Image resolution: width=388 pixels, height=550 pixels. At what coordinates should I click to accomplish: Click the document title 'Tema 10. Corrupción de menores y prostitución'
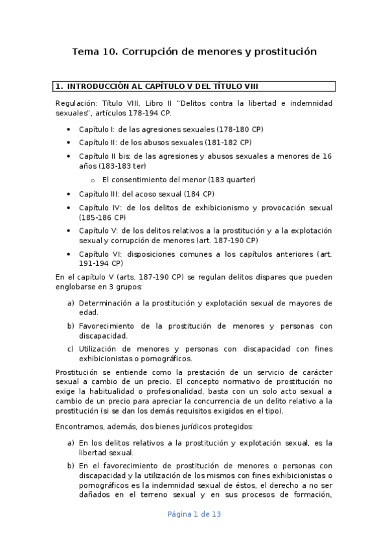pos(194,51)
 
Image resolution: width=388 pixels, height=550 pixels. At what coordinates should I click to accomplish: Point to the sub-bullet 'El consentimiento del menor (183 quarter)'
pos(178,180)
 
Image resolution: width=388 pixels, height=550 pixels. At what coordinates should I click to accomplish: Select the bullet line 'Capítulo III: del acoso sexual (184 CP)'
pos(146,194)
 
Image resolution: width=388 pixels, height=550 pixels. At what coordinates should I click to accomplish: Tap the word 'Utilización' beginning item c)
pos(102,349)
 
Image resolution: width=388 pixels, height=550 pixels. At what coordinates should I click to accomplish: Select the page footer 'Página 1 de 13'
pos(194,514)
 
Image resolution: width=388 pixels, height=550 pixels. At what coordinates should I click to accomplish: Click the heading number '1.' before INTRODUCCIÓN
pos(59,86)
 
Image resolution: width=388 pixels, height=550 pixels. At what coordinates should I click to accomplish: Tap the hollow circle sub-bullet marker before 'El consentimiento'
pos(93,180)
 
